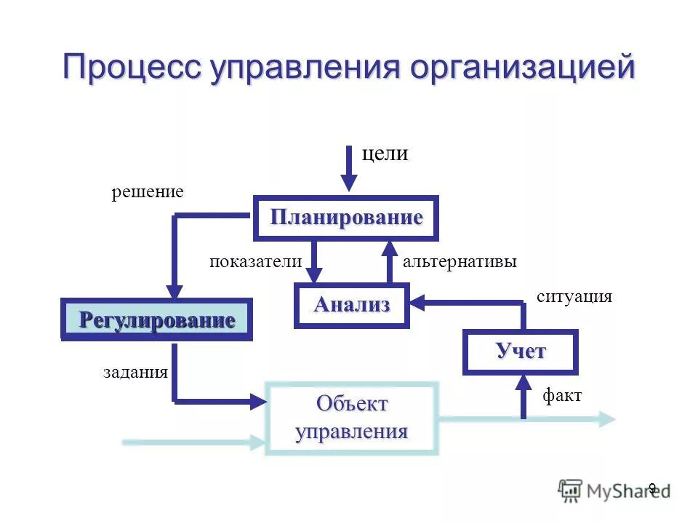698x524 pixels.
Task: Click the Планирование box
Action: pos(346,218)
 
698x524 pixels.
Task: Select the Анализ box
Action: pos(352,306)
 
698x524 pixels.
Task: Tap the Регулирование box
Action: pos(156,320)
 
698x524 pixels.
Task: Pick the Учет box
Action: pos(521,352)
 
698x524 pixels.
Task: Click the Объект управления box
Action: pos(352,418)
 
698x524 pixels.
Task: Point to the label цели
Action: pos(385,154)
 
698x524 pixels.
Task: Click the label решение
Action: pos(148,192)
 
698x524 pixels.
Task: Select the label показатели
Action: pos(255,262)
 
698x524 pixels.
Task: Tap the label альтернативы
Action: pos(460,262)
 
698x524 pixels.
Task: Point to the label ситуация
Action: pos(574,297)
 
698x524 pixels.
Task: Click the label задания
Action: pos(135,373)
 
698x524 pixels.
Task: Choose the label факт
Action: pos(562,396)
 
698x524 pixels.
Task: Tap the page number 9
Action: pos(652,488)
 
